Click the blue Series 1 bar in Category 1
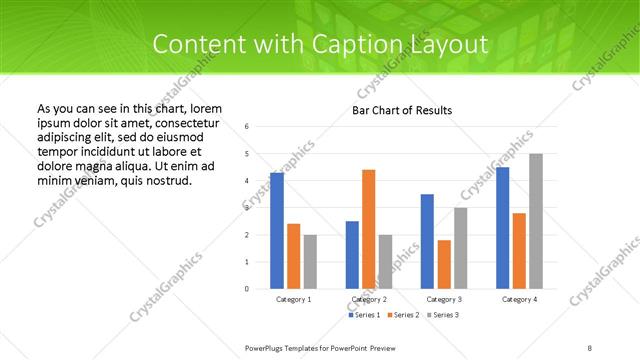[x=276, y=231]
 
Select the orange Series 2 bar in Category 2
[x=368, y=229]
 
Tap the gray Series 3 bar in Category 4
[x=536, y=221]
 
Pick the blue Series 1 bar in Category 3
[x=427, y=241]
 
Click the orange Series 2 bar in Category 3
[x=444, y=264]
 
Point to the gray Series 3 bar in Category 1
[x=310, y=261]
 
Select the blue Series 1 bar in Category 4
[x=502, y=228]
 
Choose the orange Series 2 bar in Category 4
[x=519, y=251]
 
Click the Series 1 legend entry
[x=363, y=315]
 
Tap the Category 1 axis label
[x=293, y=299]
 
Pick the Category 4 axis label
[x=519, y=299]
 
